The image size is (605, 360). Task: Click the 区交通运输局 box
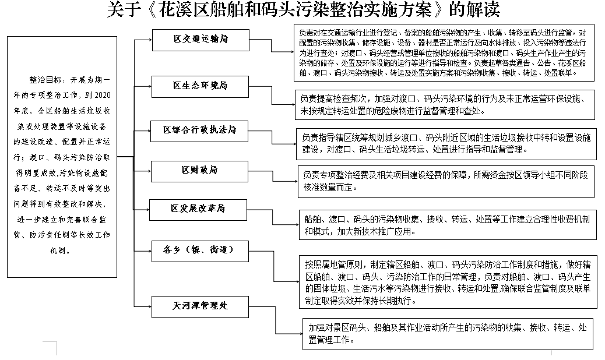pyautogui.click(x=200, y=39)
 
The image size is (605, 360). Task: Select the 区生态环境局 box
pyautogui.click(x=200, y=86)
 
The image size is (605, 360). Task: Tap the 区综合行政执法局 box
pyautogui.click(x=200, y=130)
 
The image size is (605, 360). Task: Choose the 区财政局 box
pyautogui.click(x=200, y=170)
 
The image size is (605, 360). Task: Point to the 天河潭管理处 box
pyautogui.click(x=200, y=305)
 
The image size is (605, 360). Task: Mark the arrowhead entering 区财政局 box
pyautogui.click(x=149, y=170)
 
